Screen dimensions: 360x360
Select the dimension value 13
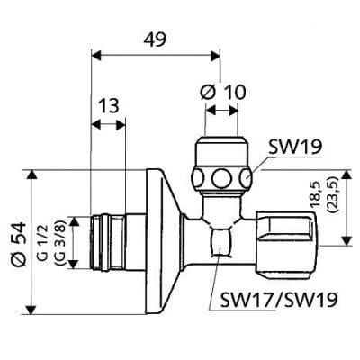click(109, 105)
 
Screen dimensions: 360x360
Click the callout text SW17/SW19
click(267, 298)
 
